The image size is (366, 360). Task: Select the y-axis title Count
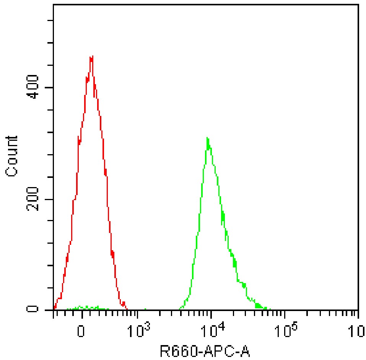12,156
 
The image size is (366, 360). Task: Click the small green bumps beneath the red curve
86,308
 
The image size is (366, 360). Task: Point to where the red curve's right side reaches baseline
127,309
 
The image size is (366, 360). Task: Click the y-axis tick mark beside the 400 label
50,88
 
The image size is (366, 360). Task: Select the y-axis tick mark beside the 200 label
50,199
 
